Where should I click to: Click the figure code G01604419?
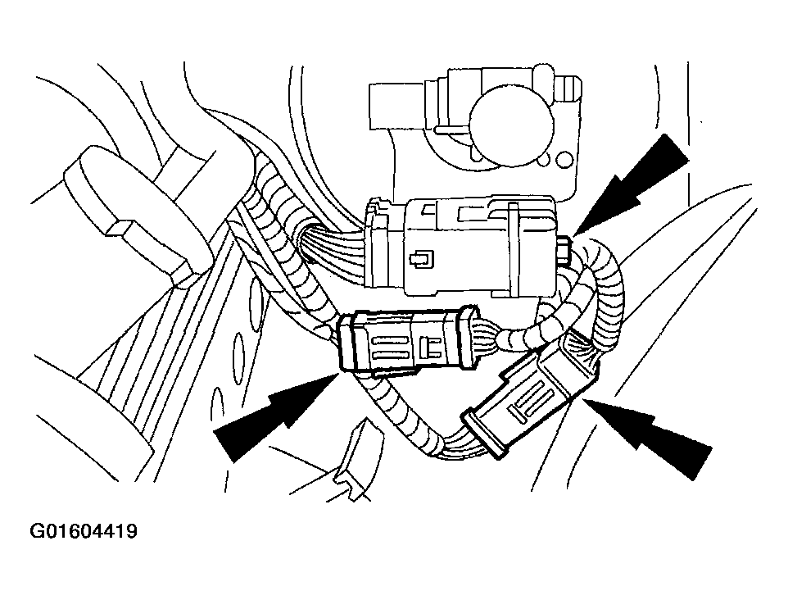click(x=84, y=531)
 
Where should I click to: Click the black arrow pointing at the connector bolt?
click(x=632, y=185)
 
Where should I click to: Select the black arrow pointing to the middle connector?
click(x=275, y=417)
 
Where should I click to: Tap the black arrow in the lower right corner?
click(x=648, y=434)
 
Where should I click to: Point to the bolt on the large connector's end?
click(x=564, y=251)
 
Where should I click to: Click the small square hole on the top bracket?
click(x=565, y=160)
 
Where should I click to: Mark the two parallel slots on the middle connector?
click(x=390, y=346)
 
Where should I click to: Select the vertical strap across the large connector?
click(x=513, y=248)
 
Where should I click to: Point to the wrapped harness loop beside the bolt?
click(x=601, y=282)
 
